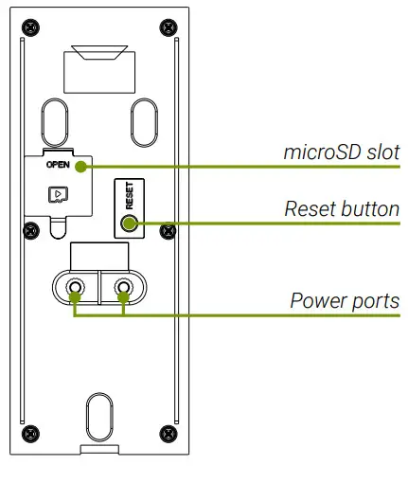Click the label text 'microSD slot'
[x=342, y=152]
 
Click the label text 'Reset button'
[x=342, y=208]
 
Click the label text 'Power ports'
[x=345, y=301]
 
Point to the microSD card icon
[x=58, y=194]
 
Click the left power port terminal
[x=74, y=288]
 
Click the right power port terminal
[x=123, y=288]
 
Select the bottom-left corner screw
[x=30, y=433]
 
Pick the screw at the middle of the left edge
[x=30, y=228]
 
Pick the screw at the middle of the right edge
[x=167, y=228]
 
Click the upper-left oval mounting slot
[x=54, y=119]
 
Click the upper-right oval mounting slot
[x=143, y=119]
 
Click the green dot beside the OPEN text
[x=82, y=167]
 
